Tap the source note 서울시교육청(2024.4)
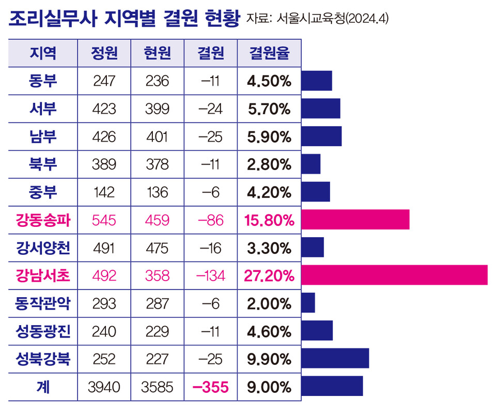click(x=317, y=19)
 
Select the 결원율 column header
click(x=269, y=53)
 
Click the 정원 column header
click(x=104, y=53)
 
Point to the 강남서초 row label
click(x=43, y=275)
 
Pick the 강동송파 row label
click(x=43, y=220)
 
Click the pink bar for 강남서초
click(x=394, y=275)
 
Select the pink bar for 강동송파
click(x=355, y=220)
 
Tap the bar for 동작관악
click(x=308, y=303)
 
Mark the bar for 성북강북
click(x=335, y=358)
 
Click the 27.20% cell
click(x=269, y=275)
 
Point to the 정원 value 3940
click(x=104, y=387)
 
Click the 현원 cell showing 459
click(x=158, y=220)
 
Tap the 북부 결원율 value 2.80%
click(x=269, y=164)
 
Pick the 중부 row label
click(x=43, y=192)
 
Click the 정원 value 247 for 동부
click(x=104, y=81)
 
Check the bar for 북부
click(x=310, y=164)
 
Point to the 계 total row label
click(x=43, y=387)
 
